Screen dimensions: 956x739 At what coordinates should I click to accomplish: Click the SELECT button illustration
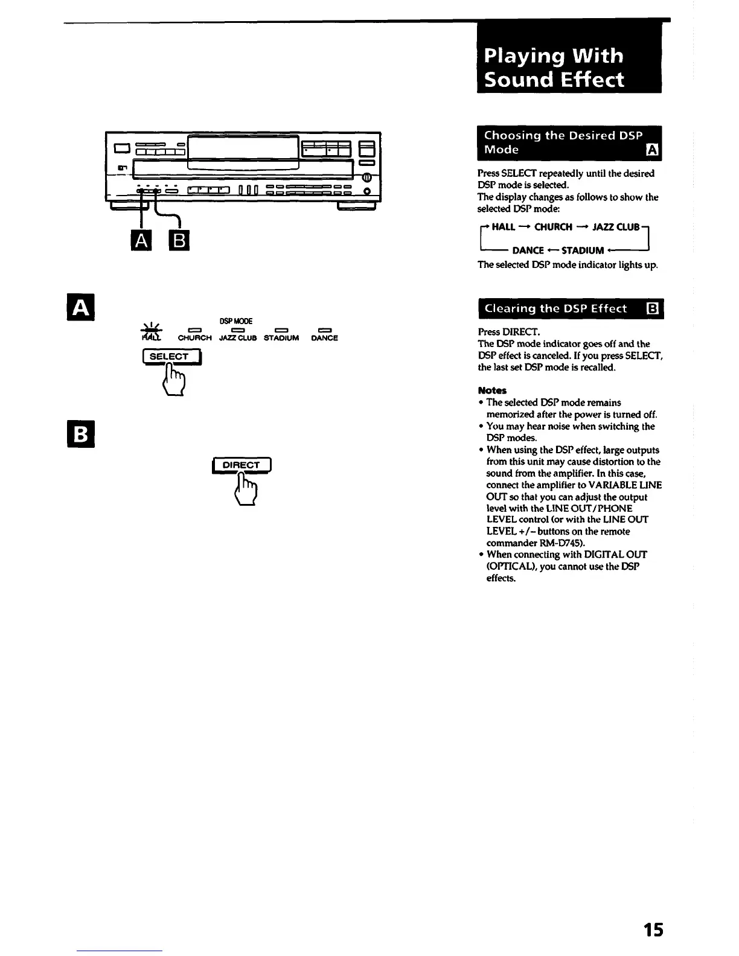point(171,357)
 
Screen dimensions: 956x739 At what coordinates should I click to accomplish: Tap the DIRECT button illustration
point(242,465)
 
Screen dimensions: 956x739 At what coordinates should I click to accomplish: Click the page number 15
point(652,929)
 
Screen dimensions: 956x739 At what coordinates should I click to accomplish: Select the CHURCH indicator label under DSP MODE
point(194,338)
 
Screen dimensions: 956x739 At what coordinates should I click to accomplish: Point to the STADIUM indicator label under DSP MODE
point(281,338)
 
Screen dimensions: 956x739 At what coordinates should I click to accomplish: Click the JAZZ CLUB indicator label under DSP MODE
point(237,338)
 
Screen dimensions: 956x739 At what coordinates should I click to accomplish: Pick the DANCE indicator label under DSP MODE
point(324,338)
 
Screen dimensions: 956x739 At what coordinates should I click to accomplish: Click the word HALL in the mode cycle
point(504,227)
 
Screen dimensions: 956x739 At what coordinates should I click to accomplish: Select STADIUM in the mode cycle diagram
point(583,250)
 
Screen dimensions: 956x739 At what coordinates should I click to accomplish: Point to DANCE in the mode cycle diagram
point(528,250)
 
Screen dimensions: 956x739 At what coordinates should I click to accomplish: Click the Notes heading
point(492,390)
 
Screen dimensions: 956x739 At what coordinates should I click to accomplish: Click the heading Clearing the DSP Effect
point(555,308)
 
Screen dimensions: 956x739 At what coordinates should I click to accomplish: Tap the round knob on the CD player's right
point(366,177)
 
